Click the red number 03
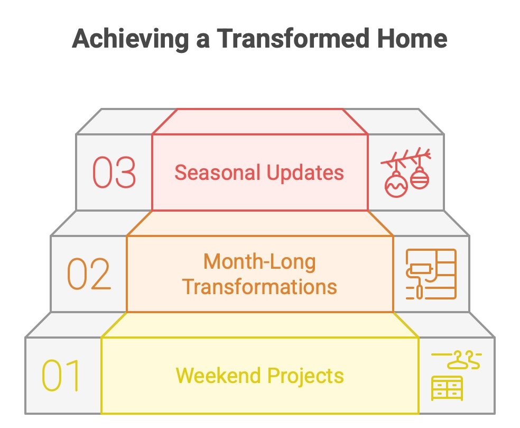click(x=114, y=172)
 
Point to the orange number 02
click(x=89, y=274)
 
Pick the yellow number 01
click(x=61, y=376)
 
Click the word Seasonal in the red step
click(x=217, y=173)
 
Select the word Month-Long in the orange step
click(x=259, y=262)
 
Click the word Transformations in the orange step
click(x=259, y=287)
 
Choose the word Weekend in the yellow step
click(x=219, y=376)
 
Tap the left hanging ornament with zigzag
click(x=396, y=184)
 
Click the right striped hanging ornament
click(x=420, y=178)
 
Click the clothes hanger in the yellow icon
click(x=463, y=361)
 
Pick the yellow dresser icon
click(x=447, y=388)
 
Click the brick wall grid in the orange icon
click(x=444, y=265)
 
